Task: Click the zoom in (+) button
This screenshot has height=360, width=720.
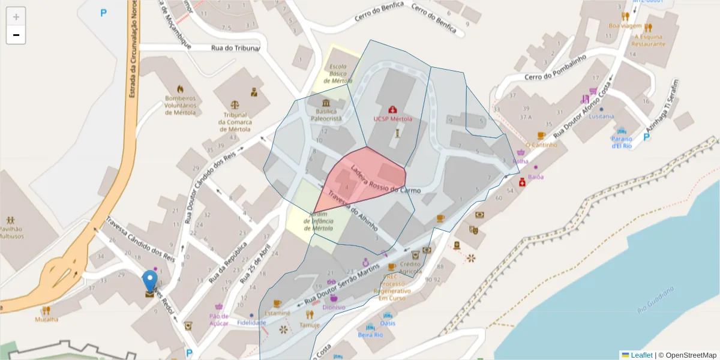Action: coord(16,17)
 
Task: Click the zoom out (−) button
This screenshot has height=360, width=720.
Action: coord(16,35)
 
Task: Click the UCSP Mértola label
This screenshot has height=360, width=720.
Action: coord(392,119)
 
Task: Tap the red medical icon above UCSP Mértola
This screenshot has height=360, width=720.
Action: coord(392,109)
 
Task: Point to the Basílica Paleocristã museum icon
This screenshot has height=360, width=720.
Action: coord(325,104)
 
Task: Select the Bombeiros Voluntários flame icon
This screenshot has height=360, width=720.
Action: coord(181,88)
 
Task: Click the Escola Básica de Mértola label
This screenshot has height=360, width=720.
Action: coord(338,73)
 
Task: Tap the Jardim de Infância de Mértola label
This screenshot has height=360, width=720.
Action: coord(318,221)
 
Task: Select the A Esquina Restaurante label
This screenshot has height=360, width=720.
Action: coord(649,40)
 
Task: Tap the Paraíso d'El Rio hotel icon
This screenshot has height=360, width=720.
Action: coord(622,131)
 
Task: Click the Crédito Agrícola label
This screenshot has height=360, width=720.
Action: coord(410,268)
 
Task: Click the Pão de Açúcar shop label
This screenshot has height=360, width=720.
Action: coord(219,319)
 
